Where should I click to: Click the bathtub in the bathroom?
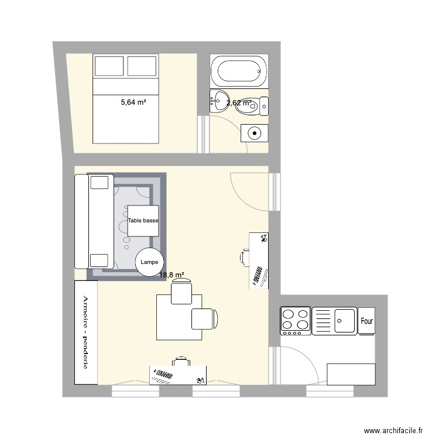[239, 71]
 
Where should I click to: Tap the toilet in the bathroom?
[252, 106]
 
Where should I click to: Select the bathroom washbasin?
[219, 101]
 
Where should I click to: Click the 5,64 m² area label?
[133, 102]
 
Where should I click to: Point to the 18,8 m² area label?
[172, 275]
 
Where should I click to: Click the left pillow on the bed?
[109, 66]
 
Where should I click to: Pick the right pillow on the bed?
[142, 66]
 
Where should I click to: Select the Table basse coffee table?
[143, 221]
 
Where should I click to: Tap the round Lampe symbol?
[149, 262]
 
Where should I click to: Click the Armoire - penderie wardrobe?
[86, 332]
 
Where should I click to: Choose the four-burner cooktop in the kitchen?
[296, 321]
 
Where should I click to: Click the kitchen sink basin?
[344, 321]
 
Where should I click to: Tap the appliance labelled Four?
[366, 321]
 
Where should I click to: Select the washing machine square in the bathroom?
[255, 133]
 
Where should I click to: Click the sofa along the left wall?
[94, 221]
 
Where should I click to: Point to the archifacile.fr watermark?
[393, 430]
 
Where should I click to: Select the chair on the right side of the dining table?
[204, 319]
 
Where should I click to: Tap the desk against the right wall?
[259, 260]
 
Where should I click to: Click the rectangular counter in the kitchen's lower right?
[351, 375]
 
